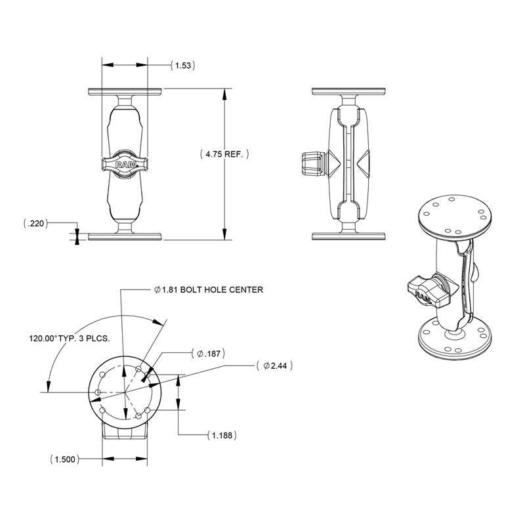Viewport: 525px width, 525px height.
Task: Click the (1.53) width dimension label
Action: [184, 66]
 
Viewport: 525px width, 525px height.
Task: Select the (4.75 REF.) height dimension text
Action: [224, 154]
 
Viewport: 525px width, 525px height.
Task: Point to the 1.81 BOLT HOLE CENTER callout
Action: [207, 289]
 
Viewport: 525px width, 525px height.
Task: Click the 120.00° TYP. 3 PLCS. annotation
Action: [68, 339]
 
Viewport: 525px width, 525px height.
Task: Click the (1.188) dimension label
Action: [221, 435]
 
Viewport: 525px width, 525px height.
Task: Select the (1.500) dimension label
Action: [64, 459]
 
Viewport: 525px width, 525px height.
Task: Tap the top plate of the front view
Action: [125, 91]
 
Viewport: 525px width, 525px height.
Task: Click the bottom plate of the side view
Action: [348, 236]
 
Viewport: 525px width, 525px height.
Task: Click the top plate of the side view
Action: [348, 91]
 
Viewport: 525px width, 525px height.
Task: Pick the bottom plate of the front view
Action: [125, 236]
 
